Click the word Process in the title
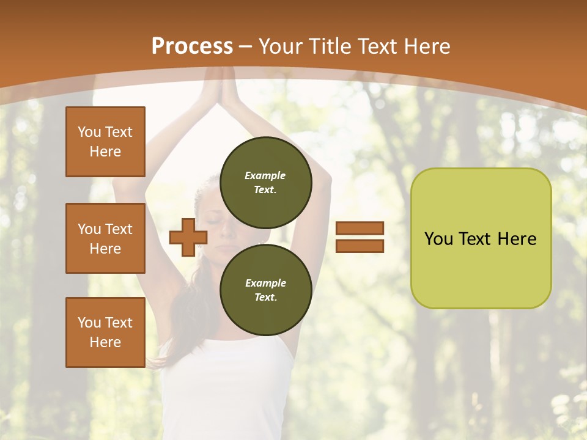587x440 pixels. coord(192,46)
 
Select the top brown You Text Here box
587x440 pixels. coord(105,142)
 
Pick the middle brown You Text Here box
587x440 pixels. coord(105,238)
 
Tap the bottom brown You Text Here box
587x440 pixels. coord(105,332)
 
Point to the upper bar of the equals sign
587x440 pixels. coord(360,229)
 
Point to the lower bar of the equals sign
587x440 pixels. coord(360,246)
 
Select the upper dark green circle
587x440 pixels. coord(265,182)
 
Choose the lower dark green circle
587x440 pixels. coord(265,290)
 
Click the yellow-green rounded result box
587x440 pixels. coord(481,238)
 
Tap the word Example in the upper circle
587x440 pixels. coord(265,175)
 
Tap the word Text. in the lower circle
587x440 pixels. coord(265,298)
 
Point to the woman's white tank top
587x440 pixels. coord(226,379)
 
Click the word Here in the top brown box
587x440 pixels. coord(105,152)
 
